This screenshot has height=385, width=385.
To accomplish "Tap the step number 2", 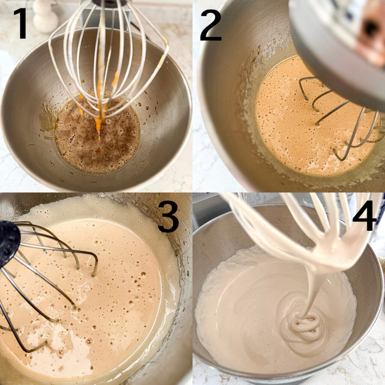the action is pyautogui.click(x=211, y=25).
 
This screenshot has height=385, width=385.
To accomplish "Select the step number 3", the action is pyautogui.click(x=168, y=217).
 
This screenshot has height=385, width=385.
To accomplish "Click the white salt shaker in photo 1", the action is pyautogui.click(x=45, y=16).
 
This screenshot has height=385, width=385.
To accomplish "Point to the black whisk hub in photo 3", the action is pyautogui.click(x=9, y=244).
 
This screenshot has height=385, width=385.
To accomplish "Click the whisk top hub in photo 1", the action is pyautogui.click(x=110, y=3).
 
